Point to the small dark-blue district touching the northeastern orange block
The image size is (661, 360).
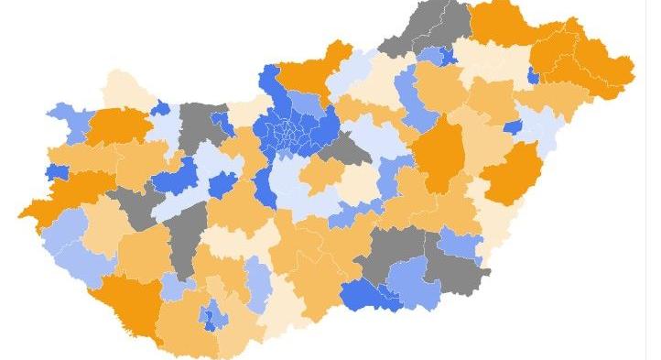click(532, 75)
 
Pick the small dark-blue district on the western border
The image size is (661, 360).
click(57, 172)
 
